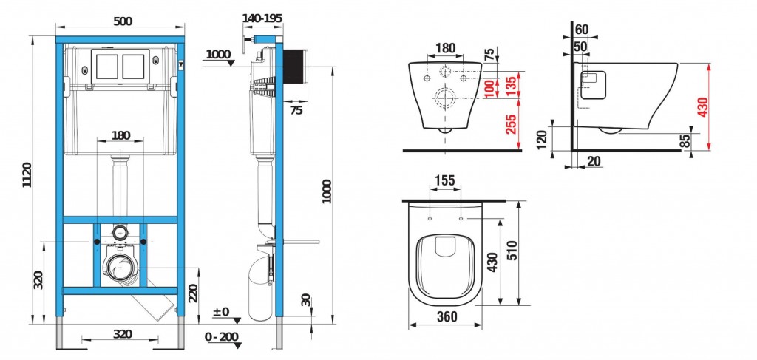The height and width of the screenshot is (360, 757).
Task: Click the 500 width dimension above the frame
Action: pyautogui.click(x=123, y=21)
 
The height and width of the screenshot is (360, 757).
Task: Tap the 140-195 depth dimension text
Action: pyautogui.click(x=262, y=18)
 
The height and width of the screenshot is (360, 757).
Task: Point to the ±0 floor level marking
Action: pyautogui.click(x=222, y=312)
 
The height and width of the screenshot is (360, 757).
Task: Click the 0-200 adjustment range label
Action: pyautogui.click(x=222, y=337)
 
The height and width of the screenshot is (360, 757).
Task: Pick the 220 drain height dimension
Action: pyautogui.click(x=193, y=292)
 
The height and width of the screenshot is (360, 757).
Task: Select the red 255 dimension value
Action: pyautogui.click(x=512, y=124)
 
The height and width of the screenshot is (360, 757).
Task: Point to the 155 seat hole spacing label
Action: pyautogui.click(x=444, y=180)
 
